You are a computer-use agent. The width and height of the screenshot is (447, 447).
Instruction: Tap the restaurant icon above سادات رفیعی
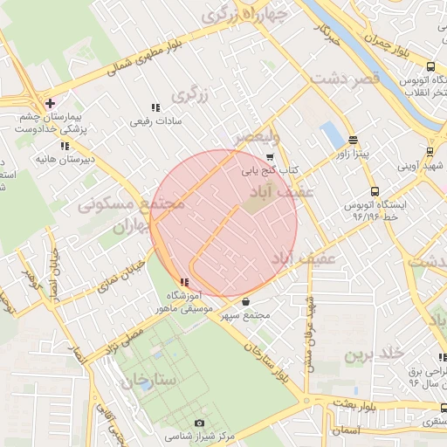(155, 107)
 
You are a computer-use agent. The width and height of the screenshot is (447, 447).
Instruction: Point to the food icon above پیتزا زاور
(353, 140)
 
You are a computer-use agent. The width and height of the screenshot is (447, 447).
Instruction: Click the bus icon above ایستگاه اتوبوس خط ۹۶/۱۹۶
(375, 191)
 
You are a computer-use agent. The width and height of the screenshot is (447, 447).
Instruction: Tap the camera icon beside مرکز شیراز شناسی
(199, 423)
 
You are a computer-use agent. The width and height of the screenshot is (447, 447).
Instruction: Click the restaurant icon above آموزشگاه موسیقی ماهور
(183, 282)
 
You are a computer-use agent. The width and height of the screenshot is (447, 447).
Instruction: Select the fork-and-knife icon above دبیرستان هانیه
(65, 146)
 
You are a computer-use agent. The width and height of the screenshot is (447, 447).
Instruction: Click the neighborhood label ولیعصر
(258, 137)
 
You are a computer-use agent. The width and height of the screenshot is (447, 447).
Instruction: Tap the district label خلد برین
(374, 353)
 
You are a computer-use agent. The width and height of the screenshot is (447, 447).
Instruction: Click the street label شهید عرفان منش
(308, 327)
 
